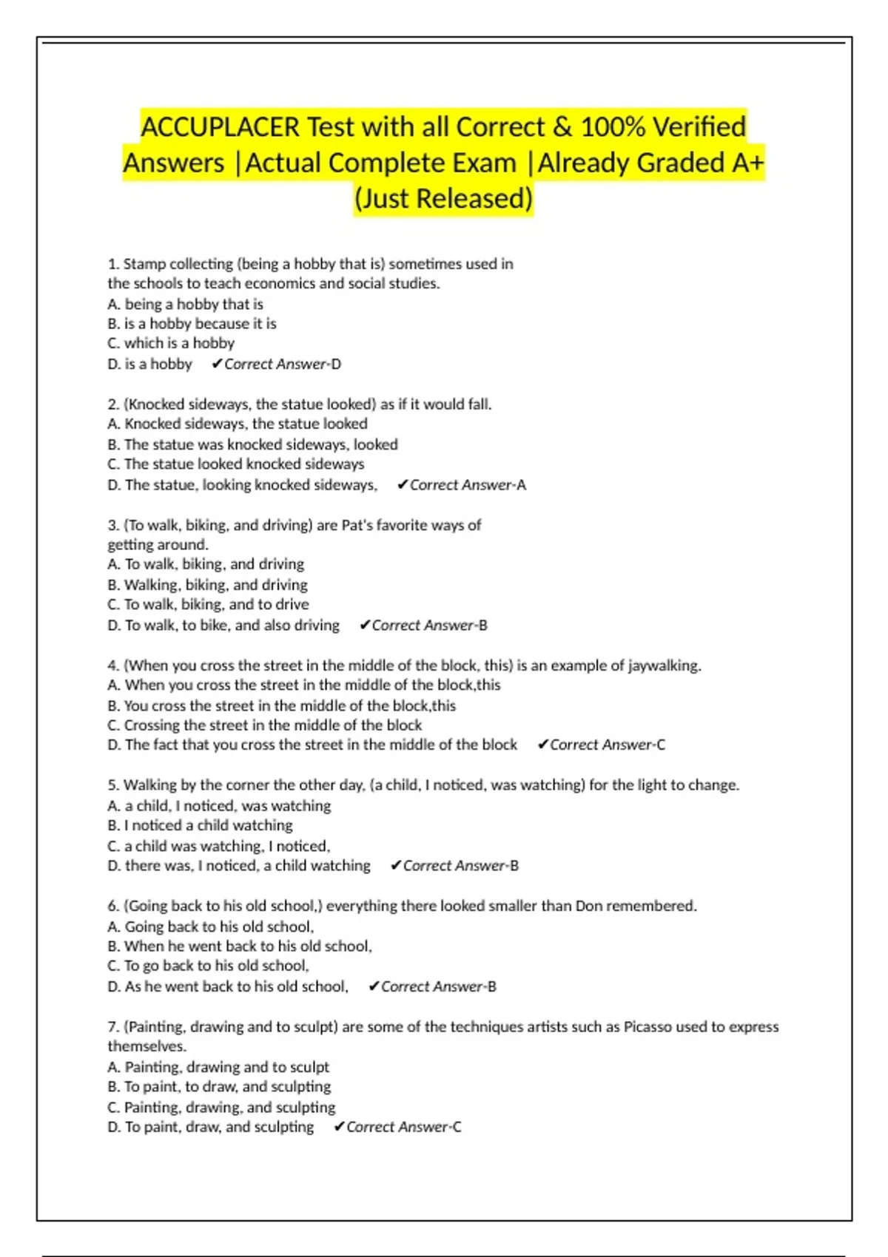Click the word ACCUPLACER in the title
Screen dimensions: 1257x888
(x=220, y=127)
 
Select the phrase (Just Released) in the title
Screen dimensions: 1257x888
(x=443, y=199)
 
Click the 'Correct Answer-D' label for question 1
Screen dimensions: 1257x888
(x=282, y=364)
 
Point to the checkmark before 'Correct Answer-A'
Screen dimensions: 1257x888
(x=403, y=485)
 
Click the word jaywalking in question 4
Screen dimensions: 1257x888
(x=664, y=665)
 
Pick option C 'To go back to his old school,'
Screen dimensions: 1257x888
(x=208, y=966)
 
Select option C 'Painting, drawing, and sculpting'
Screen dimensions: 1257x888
(x=221, y=1107)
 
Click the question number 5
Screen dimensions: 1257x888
(x=112, y=785)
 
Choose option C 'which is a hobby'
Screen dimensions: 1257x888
(x=171, y=343)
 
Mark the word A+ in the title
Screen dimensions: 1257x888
(x=747, y=163)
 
